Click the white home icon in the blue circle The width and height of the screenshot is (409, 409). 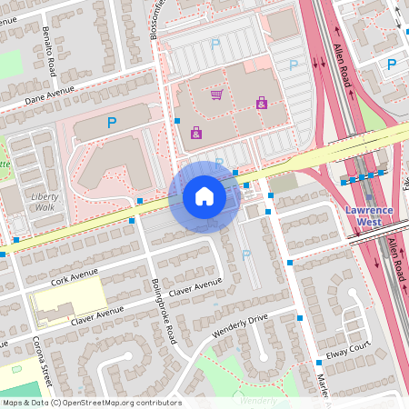pos(204,196)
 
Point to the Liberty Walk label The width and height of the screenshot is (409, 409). pos(45,201)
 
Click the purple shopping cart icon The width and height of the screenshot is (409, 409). pos(216,94)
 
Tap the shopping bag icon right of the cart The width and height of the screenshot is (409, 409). pos(262,103)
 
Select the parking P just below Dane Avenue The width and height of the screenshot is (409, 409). pos(112,123)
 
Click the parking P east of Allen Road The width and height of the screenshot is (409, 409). pos(392,65)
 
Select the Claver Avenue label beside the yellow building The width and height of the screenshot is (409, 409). pos(96,314)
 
